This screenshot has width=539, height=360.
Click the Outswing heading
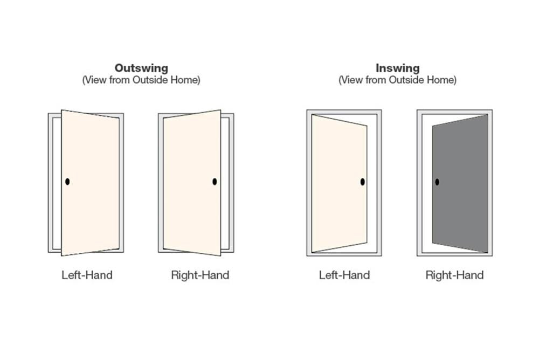pos(141,68)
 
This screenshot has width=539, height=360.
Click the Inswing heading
pos(397,68)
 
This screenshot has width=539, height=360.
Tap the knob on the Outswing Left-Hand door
pos(67,182)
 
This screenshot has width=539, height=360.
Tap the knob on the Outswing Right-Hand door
pos(215,182)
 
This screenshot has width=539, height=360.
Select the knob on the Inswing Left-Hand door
pos(362,182)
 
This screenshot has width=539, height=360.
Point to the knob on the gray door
pos(437,182)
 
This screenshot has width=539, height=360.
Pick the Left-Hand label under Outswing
pos(87,275)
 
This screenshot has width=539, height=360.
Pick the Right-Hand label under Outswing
pos(200,275)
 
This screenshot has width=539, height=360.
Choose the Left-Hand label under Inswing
pos(344,275)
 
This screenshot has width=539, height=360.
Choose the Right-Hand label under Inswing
pos(454,275)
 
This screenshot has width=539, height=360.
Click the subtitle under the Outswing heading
pos(141,80)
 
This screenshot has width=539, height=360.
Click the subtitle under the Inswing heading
pos(397,80)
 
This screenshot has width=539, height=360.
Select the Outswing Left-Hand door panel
pos(91,183)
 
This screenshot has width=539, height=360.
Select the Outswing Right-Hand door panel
pos(192,183)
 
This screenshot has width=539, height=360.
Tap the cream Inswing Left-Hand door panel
pos(339,184)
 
